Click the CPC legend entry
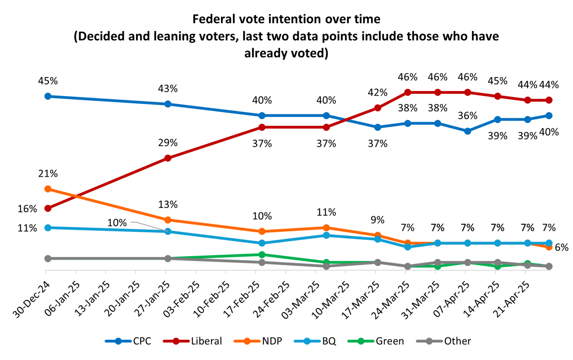pyautogui.click(x=128, y=341)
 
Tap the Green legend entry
pyautogui.click(x=376, y=341)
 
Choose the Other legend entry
pyautogui.click(x=444, y=341)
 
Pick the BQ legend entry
pyautogui.click(x=315, y=341)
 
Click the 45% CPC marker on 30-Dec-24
pyautogui.click(x=48, y=96)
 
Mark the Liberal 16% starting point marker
pyautogui.click(x=48, y=208)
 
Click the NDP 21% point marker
pyautogui.click(x=48, y=189)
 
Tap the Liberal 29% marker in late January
pyautogui.click(x=168, y=158)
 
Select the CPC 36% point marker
pyautogui.click(x=467, y=131)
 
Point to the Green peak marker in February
pyautogui.click(x=262, y=254)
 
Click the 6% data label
pyautogui.click(x=561, y=247)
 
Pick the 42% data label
pyautogui.click(x=378, y=93)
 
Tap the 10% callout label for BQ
pyautogui.click(x=117, y=223)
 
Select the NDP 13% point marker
pyautogui.click(x=168, y=220)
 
